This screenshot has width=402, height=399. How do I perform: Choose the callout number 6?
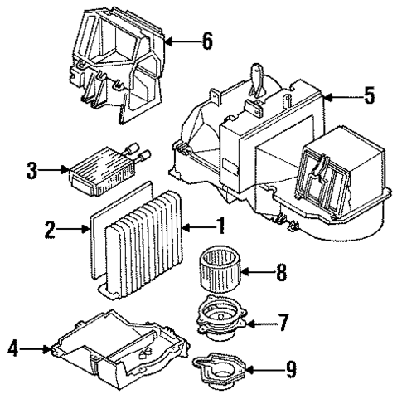206,40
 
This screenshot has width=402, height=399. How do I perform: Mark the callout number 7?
283,319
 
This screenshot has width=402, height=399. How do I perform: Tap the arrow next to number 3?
56,172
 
